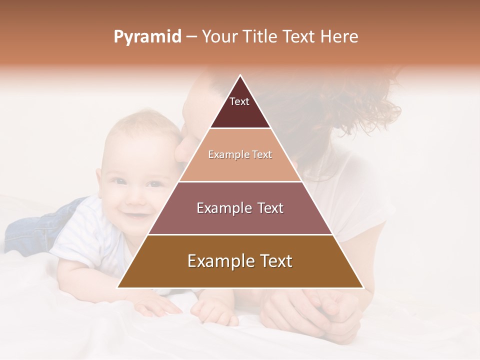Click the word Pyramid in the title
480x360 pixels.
147,36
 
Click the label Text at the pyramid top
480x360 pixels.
239,101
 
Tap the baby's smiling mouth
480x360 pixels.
135,216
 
